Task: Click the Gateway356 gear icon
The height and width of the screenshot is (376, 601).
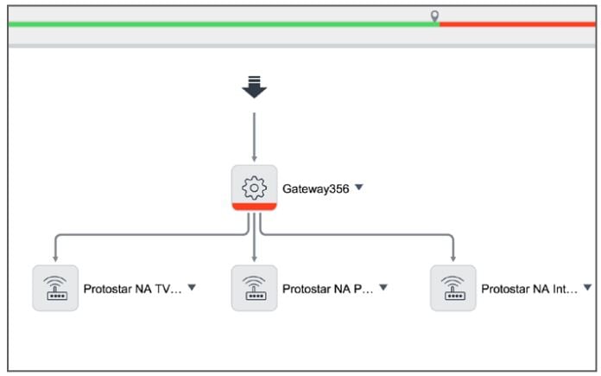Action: [254, 186]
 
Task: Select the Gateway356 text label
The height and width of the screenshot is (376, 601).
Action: [315, 188]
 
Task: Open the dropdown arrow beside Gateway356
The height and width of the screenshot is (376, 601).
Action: [359, 188]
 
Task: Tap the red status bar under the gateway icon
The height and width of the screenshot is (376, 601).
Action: [254, 207]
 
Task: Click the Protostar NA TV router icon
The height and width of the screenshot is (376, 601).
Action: [55, 287]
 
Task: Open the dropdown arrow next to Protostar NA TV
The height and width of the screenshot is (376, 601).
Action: [192, 287]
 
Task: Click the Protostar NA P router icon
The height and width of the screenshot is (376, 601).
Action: [254, 287]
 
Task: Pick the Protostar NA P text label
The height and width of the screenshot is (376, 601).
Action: [327, 289]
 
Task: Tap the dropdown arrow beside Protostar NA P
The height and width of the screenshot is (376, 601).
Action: [383, 287]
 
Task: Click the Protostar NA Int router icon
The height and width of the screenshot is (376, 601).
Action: [453, 287]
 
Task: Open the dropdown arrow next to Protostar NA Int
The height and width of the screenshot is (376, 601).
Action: [588, 287]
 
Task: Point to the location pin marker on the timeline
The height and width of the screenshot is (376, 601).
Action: [435, 16]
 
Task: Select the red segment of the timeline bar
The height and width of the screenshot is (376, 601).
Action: [517, 24]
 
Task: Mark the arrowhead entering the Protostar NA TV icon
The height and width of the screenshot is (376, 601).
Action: [55, 257]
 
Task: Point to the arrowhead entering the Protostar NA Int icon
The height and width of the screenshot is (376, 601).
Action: [453, 257]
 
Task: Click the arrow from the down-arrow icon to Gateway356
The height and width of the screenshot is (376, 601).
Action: [254, 134]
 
